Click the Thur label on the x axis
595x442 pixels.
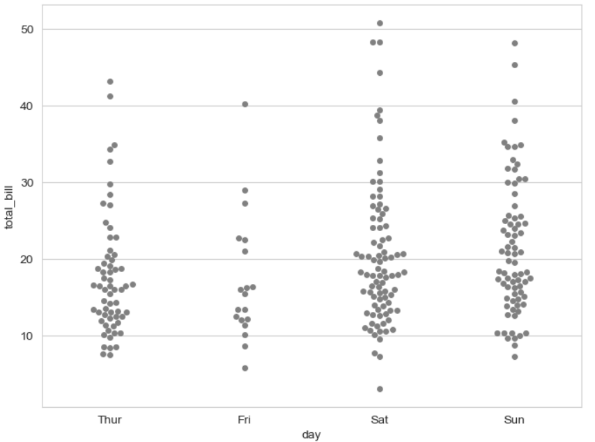pyautogui.click(x=110, y=420)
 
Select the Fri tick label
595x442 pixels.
pyautogui.click(x=245, y=420)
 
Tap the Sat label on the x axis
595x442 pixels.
pyautogui.click(x=380, y=420)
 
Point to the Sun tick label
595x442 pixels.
pyautogui.click(x=514, y=420)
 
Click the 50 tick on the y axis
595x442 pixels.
pyautogui.click(x=28, y=29)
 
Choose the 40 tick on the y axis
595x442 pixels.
pyautogui.click(x=28, y=106)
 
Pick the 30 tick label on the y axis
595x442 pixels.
pyautogui.click(x=28, y=182)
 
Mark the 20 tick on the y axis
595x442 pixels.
pyautogui.click(x=28, y=259)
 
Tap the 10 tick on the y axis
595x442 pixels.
pyautogui.click(x=28, y=336)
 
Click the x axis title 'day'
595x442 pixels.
pyautogui.click(x=311, y=434)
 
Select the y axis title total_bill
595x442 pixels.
pyautogui.click(x=10, y=205)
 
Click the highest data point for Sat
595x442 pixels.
pyautogui.click(x=380, y=24)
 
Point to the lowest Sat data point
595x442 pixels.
pyautogui.click(x=380, y=389)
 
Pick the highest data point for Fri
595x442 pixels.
pyautogui.click(x=245, y=104)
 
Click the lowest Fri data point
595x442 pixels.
pyautogui.click(x=245, y=368)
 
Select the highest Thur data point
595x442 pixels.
pyautogui.click(x=110, y=81)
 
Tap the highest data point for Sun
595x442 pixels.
pyautogui.click(x=515, y=43)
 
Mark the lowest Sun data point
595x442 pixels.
pyautogui.click(x=515, y=357)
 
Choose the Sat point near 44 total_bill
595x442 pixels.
pyautogui.click(x=380, y=73)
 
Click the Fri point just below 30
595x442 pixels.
pyautogui.click(x=245, y=191)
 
